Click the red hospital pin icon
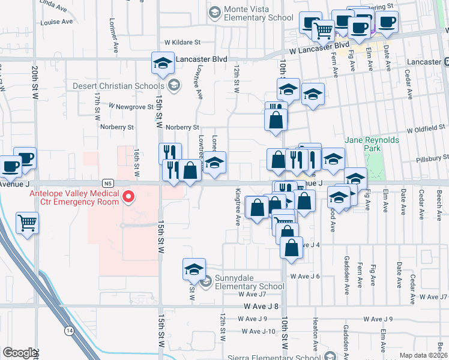[x=128, y=197]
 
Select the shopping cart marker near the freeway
[x=27, y=224]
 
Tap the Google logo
[x=19, y=353]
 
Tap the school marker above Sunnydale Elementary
[x=194, y=269]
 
